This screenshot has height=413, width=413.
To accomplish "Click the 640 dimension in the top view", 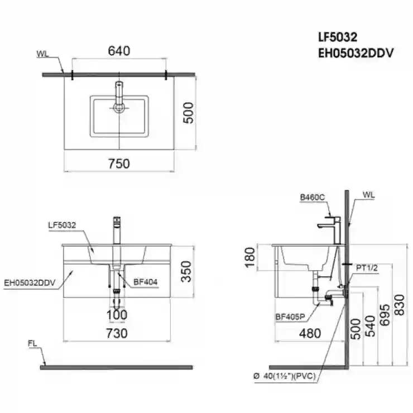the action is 119,51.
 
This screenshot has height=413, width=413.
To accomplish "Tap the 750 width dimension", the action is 119,164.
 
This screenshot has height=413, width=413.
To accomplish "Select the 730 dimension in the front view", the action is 117,333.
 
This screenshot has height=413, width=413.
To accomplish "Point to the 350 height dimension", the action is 186,271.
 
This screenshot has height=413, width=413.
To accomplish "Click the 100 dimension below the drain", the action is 117,315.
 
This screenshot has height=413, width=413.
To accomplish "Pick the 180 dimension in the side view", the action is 250,257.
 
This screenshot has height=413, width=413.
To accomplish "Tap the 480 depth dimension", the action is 310,333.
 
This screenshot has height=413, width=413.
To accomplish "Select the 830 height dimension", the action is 400,305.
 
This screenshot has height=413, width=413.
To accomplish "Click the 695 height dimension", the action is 385,315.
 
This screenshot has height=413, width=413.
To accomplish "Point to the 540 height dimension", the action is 371,326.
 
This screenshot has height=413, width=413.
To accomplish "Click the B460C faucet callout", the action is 313,197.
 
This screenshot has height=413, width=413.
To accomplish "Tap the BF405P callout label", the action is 290,317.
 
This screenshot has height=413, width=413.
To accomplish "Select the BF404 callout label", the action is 146,282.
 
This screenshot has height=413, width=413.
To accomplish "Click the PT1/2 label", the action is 367,268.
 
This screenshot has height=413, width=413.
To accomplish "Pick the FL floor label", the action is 32,343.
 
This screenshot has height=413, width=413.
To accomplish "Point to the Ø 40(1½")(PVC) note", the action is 285,376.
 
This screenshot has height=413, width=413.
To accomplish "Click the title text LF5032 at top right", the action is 338,37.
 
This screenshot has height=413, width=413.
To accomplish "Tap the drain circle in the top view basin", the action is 119,108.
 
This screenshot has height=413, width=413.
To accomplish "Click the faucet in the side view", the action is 330,230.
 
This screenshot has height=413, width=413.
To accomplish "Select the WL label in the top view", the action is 42,54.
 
